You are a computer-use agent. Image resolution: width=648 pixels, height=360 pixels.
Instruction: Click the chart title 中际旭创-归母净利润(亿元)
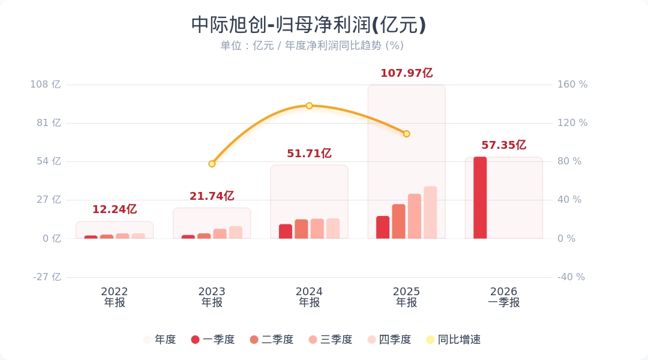pyautogui.click(x=308, y=25)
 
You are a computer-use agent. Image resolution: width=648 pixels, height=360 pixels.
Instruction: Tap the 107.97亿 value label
pyautogui.click(x=406, y=73)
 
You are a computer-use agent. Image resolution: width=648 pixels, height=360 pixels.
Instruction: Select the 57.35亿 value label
pyautogui.click(x=503, y=145)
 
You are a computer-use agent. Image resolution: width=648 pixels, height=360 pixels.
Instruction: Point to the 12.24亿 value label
pyautogui.click(x=114, y=209)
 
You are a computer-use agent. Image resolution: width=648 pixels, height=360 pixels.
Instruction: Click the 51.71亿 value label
pyautogui.click(x=309, y=154)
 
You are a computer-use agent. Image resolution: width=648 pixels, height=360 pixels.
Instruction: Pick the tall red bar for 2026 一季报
pyautogui.click(x=480, y=198)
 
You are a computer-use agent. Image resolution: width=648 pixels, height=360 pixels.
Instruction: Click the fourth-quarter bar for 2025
pyautogui.click(x=430, y=213)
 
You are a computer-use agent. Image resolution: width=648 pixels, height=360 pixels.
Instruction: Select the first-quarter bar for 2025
pyautogui.click(x=383, y=227)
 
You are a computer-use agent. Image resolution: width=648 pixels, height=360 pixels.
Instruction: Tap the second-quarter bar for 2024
pyautogui.click(x=301, y=229)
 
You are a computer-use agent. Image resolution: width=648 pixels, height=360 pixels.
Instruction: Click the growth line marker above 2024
pyautogui.click(x=309, y=106)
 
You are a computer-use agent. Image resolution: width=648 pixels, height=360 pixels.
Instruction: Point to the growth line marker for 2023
pyautogui.click(x=212, y=164)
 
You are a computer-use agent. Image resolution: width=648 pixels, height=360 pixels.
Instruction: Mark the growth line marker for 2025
pyautogui.click(x=406, y=134)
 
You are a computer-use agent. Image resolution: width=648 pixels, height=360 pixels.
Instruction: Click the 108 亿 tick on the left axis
pyautogui.click(x=46, y=85)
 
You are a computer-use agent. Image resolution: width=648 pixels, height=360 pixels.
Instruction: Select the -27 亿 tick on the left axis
pyautogui.click(x=46, y=277)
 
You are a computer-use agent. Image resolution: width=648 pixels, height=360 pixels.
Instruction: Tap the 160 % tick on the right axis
pyautogui.click(x=572, y=85)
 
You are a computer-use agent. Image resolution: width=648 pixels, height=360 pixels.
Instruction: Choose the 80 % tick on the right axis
pyautogui.click(x=569, y=161)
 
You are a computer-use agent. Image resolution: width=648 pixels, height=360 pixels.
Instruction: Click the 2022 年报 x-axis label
pyautogui.click(x=115, y=297)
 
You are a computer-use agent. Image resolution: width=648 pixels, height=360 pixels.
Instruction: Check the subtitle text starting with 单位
pyautogui.click(x=311, y=46)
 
